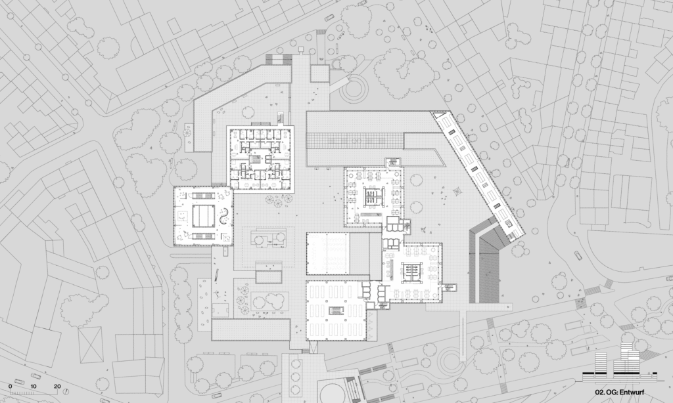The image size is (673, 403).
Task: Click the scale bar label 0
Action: (11, 387)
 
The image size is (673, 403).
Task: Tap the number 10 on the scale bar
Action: (34, 387)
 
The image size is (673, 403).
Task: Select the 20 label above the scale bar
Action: (57, 387)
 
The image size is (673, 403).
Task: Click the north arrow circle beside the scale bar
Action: (66, 391)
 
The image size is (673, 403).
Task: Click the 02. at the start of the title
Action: (599, 392)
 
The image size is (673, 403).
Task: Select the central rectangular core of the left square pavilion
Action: (203, 216)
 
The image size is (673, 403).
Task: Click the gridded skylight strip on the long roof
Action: (354, 140)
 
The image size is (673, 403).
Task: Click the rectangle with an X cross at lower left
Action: (91, 345)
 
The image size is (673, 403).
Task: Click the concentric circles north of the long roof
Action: (354, 89)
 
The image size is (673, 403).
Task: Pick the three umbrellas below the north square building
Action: (279, 200)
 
